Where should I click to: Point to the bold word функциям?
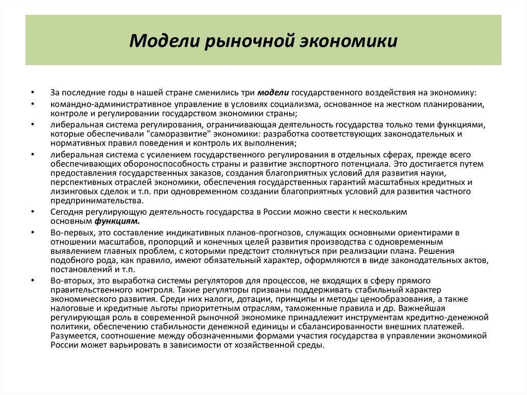click(x=117, y=221)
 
